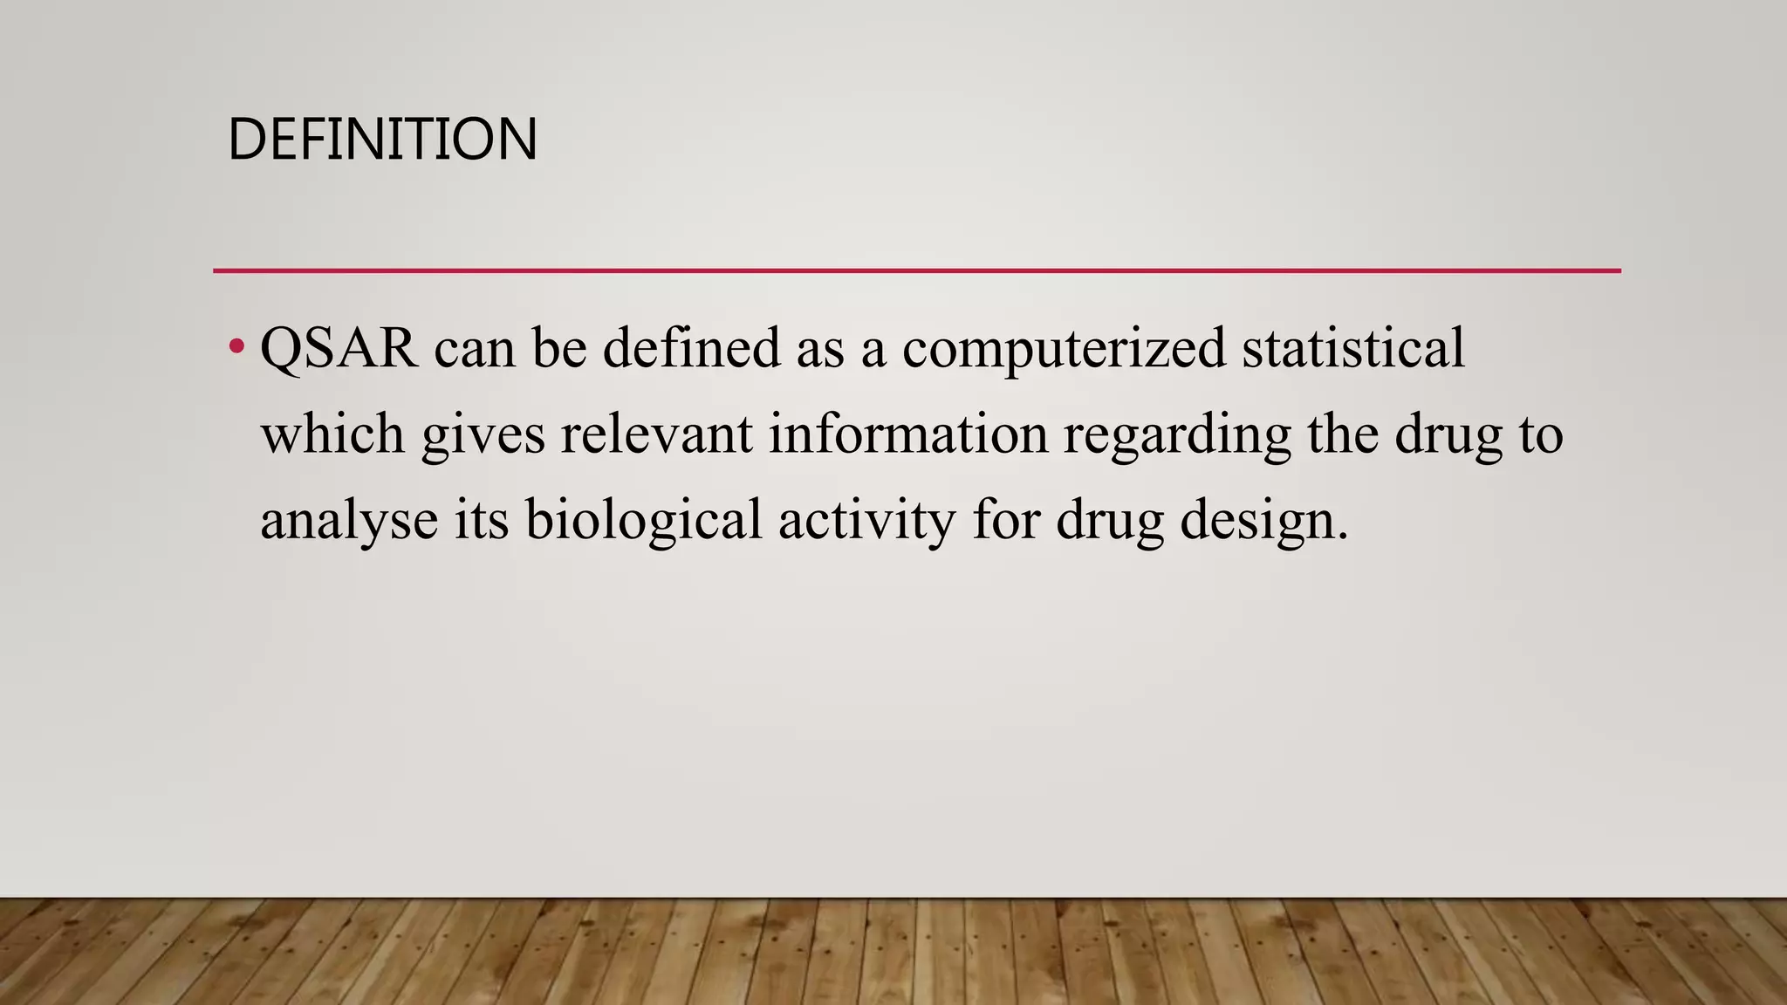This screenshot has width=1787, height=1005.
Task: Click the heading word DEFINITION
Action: click(382, 140)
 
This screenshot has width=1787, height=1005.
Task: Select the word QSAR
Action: click(339, 348)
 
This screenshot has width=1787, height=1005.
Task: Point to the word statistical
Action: click(1352, 348)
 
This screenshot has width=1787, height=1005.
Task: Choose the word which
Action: click(332, 434)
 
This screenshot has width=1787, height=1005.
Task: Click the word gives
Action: click(483, 435)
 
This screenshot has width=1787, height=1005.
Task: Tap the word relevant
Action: click(656, 434)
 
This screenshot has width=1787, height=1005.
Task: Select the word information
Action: click(907, 434)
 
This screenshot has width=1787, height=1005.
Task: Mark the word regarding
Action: click(1176, 435)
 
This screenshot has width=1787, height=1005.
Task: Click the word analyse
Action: click(349, 521)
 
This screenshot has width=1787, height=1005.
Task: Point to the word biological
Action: click(644, 521)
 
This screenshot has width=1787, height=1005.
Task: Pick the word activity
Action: click(866, 521)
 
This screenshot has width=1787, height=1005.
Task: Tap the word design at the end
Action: click(1263, 521)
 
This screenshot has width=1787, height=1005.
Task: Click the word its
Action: click(482, 521)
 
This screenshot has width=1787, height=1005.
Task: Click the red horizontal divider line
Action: click(916, 271)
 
